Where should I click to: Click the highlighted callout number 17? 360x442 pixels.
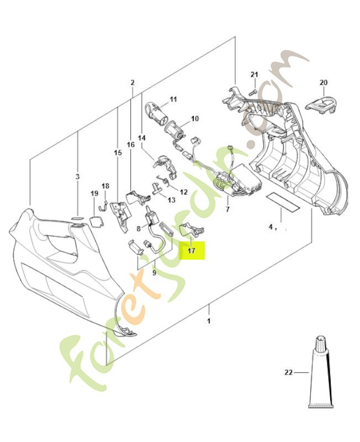191,251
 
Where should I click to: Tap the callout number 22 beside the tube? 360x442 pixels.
288,372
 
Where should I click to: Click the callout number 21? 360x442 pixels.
254,75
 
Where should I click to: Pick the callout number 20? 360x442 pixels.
324,83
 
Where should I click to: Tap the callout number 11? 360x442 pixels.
173,99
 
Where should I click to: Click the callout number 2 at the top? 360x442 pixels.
133,83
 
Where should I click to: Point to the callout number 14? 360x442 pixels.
141,138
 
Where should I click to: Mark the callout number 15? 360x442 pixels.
117,152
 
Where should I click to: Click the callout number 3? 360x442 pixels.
77,177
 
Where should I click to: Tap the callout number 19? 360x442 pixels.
94,193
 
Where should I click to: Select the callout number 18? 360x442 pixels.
105,186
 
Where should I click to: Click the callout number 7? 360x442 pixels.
227,211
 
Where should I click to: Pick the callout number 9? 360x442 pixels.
154,272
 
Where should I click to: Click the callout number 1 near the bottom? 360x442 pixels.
209,321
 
